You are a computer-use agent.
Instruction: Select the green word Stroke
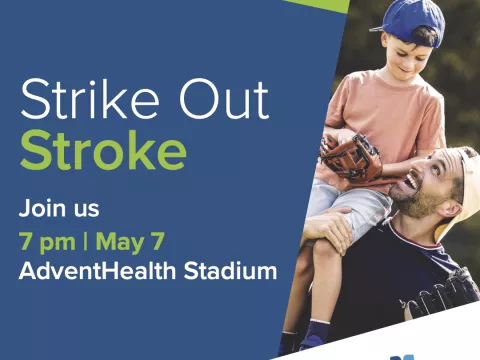tap(103, 151)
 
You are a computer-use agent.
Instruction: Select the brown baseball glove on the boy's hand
tap(352, 156)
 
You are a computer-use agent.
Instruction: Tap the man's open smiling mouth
tap(413, 183)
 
